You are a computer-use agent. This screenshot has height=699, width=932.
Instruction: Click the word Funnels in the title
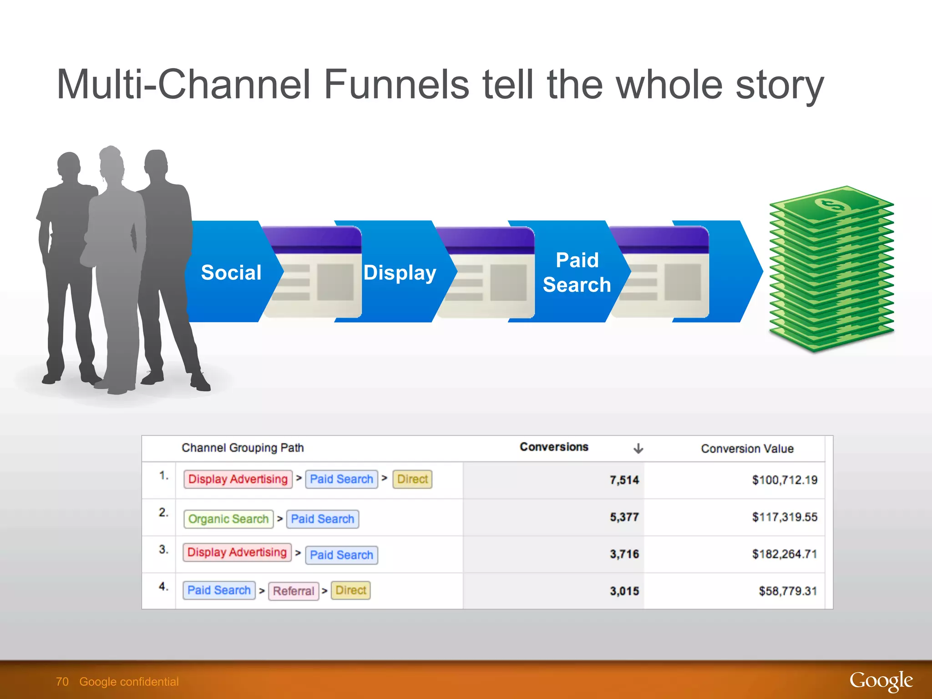(x=396, y=84)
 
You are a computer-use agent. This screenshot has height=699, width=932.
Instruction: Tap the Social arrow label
(x=231, y=273)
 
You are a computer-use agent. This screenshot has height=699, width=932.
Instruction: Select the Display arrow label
(x=400, y=273)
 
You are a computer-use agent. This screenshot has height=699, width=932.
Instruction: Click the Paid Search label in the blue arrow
(x=577, y=273)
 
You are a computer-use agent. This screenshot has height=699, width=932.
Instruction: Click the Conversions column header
(x=554, y=447)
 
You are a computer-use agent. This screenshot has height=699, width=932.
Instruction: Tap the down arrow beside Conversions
(x=638, y=449)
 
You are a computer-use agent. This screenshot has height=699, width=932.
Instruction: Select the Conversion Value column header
(x=747, y=449)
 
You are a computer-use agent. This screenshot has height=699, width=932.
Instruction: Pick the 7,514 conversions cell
(x=624, y=480)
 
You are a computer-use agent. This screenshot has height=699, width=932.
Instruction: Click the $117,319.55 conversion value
(x=784, y=517)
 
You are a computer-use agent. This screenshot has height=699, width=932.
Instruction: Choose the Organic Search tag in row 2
(x=228, y=519)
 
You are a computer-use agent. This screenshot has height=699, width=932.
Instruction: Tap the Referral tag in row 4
(x=294, y=591)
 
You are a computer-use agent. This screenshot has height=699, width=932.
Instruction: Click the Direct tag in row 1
(x=412, y=479)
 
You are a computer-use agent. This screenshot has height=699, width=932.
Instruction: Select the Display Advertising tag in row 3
(x=237, y=552)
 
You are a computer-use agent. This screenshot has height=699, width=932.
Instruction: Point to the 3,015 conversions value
(x=624, y=591)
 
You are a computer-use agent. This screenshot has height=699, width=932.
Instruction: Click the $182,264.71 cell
(x=784, y=554)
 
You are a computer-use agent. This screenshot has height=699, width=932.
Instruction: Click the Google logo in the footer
(x=881, y=681)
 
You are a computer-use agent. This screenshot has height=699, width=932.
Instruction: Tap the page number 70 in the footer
(x=62, y=682)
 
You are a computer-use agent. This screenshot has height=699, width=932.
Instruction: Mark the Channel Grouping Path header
(x=243, y=448)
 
